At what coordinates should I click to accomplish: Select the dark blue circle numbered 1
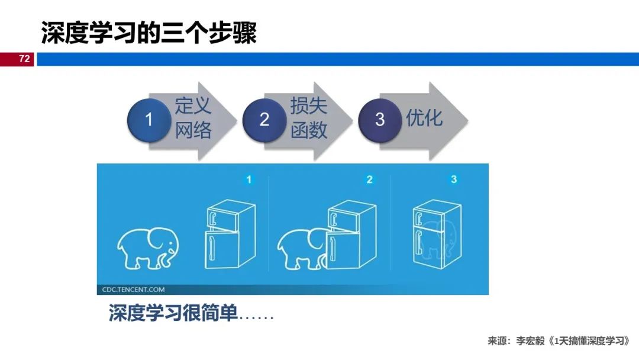point(149,120)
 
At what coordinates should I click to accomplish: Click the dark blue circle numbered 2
point(264,120)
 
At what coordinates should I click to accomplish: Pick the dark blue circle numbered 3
point(380,120)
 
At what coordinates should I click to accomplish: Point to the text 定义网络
point(193,118)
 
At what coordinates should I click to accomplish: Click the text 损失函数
point(308,118)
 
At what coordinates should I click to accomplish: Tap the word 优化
point(424,117)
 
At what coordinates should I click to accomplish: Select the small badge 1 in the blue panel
point(249,179)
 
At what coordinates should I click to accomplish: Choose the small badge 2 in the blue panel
point(370,179)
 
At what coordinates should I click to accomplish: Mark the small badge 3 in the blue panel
point(454,179)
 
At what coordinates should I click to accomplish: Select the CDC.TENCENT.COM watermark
point(131,290)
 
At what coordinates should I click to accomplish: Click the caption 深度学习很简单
point(173,313)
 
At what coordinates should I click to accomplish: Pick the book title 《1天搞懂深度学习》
point(588,341)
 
